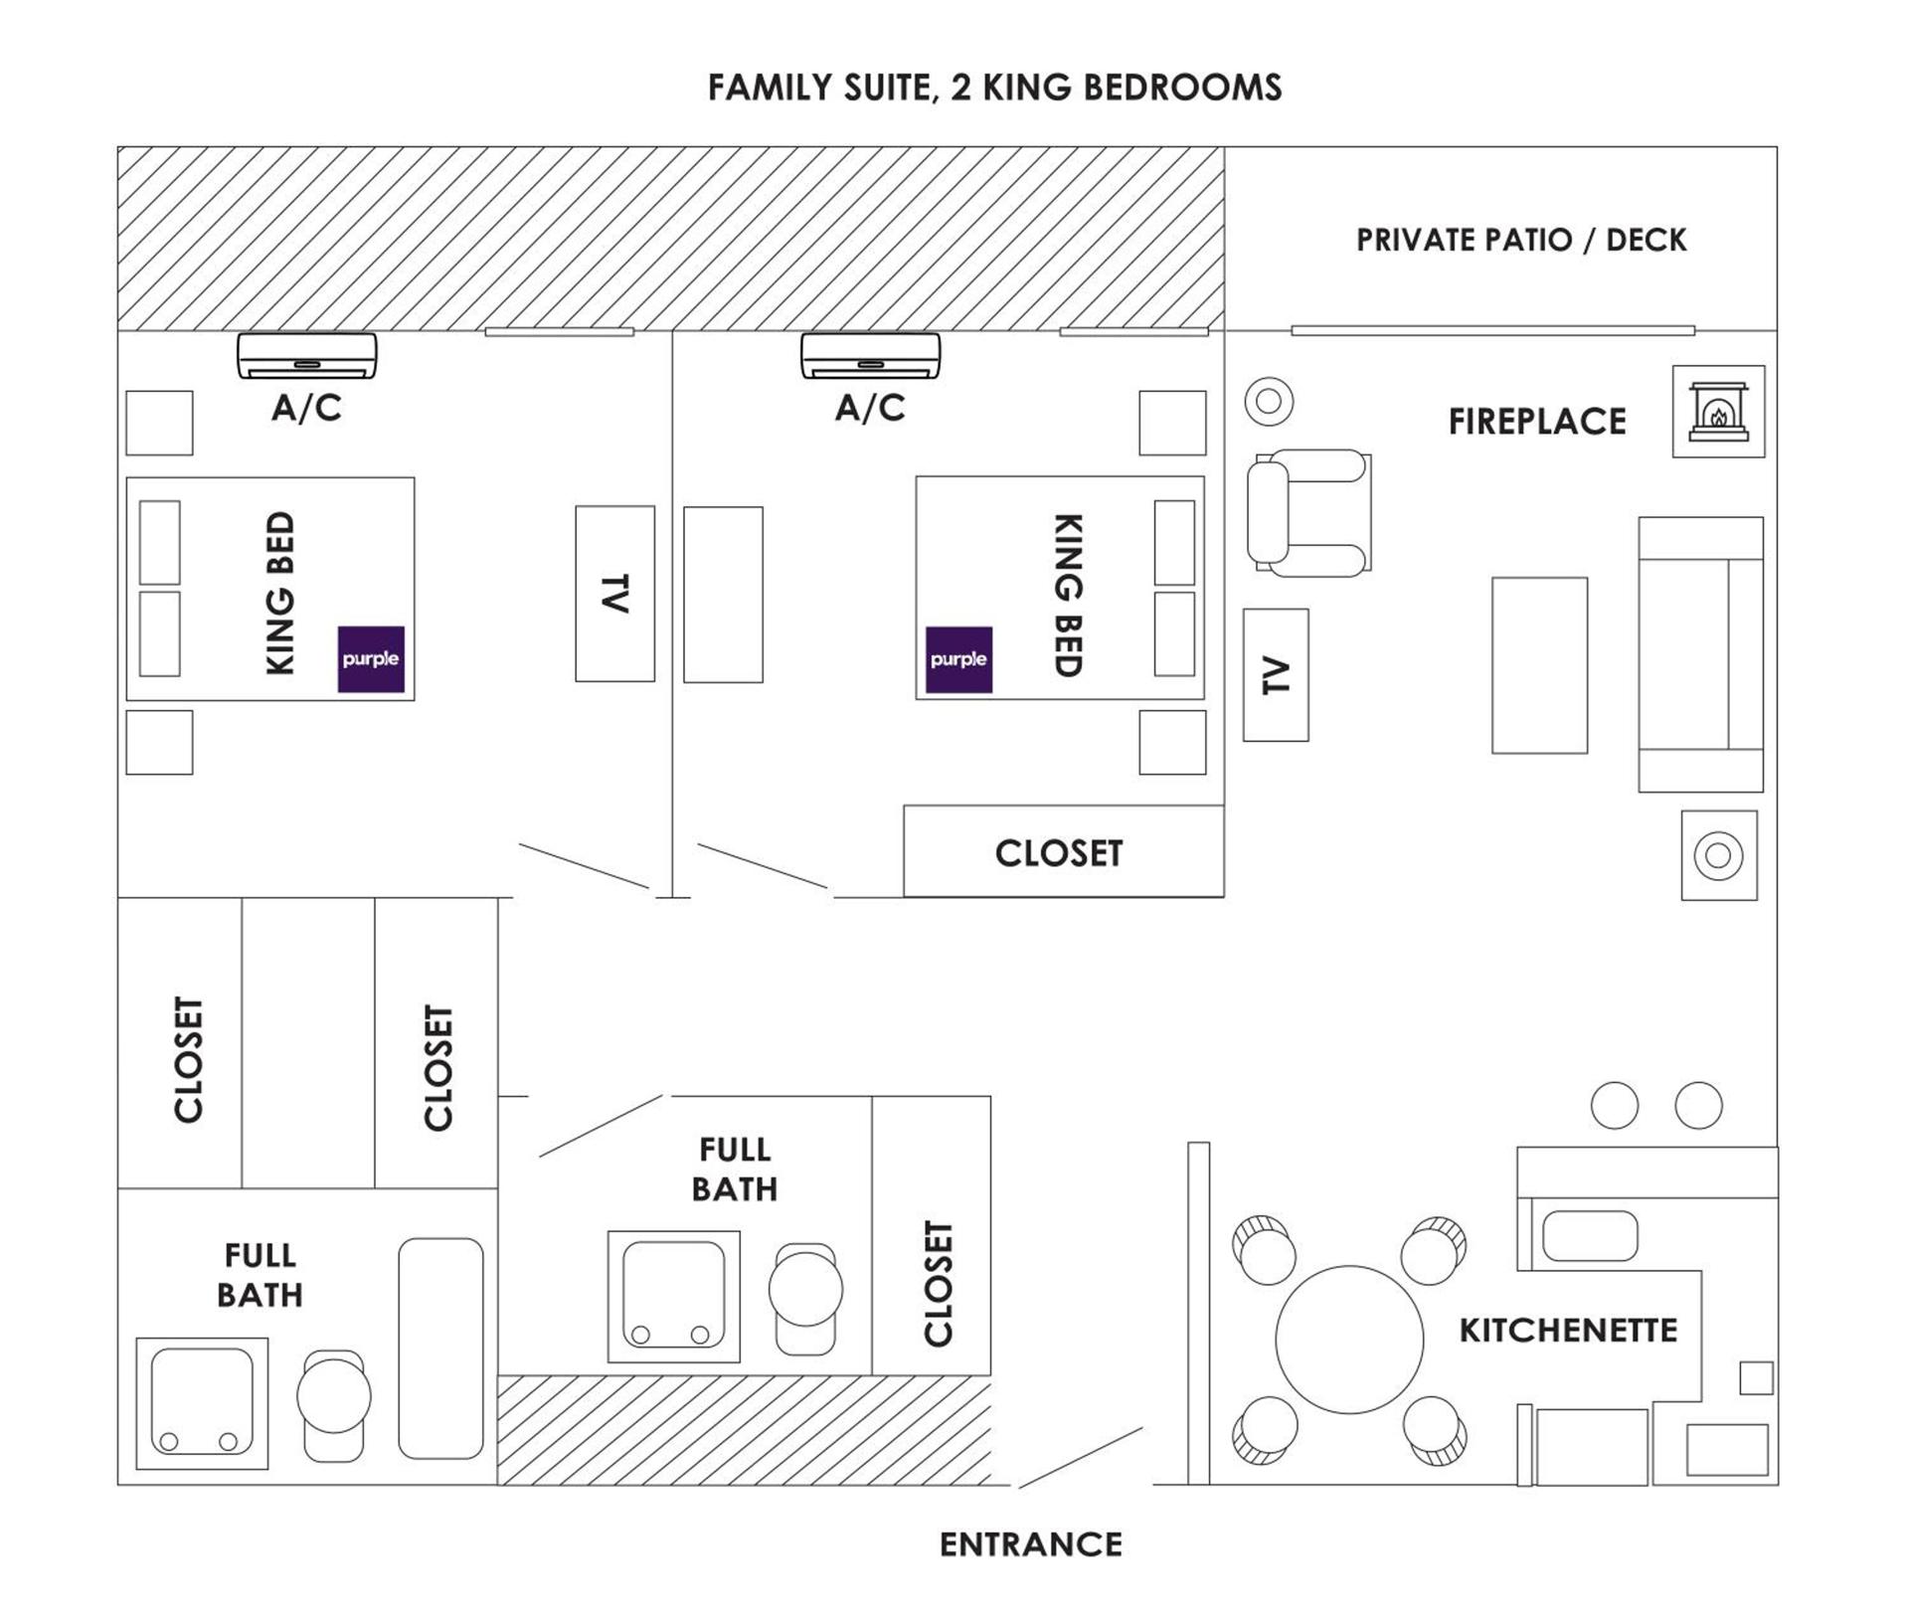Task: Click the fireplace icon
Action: pos(1718,412)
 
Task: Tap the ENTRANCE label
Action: pos(1031,1544)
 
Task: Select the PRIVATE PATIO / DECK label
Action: pos(1521,240)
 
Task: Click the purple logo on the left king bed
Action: pos(371,658)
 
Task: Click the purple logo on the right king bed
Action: pos(958,659)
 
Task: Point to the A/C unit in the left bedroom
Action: pos(307,356)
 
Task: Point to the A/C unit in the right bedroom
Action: pos(871,356)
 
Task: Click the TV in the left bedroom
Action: pos(614,594)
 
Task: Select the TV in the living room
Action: pos(1276,675)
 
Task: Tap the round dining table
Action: pos(1349,1340)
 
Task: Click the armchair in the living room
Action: pos(1308,513)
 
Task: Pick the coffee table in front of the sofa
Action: pos(1539,665)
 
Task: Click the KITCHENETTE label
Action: pos(1568,1331)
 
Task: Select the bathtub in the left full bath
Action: pos(440,1349)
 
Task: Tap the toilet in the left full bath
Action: pos(334,1405)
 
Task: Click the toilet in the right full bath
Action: pos(805,1299)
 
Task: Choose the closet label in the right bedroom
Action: pos(1059,853)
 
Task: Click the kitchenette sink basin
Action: pos(1590,1236)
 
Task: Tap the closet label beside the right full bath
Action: pos(938,1284)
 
